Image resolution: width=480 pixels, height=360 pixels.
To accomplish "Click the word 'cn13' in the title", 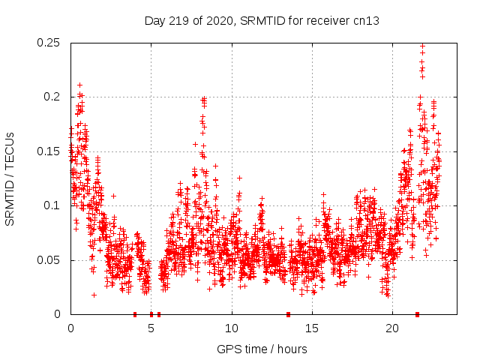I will pos(366,21).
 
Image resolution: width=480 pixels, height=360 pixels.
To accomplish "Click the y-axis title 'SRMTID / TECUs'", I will pos(10,178).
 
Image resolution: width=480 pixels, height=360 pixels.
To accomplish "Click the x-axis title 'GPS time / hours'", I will pos(262,349).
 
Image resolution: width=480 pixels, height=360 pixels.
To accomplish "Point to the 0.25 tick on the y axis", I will pos(50,43).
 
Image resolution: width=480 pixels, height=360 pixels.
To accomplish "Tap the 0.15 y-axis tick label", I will pos(50,151).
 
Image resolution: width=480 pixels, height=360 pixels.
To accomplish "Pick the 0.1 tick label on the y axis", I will pos(53,205).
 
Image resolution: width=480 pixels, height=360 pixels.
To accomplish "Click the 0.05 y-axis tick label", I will pos(50,260).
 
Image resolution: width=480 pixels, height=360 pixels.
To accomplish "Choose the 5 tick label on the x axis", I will pos(151,328).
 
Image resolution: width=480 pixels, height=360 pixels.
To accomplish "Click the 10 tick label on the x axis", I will pos(232,328).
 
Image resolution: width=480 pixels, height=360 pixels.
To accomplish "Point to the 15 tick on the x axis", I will pos(312,328).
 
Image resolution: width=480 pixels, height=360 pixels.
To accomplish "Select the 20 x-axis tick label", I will pos(392,328).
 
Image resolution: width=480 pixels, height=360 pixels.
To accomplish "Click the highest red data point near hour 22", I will pos(422,46).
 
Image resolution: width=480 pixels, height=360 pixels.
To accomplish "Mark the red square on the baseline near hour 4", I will pos(135,314).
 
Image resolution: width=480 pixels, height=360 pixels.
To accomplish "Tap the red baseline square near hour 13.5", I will pos(288,314).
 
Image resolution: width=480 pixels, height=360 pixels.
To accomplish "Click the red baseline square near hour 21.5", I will pos(417,314).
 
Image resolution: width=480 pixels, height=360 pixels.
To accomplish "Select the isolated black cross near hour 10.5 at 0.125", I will pos(239,178).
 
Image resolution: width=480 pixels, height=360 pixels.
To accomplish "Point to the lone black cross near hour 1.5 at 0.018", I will pos(94,295).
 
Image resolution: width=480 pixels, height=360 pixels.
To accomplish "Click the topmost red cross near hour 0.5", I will pos(79,85).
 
